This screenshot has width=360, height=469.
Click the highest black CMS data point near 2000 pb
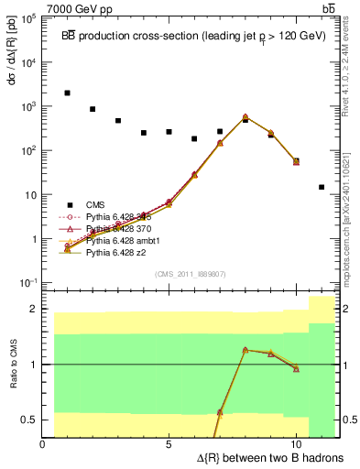[x=68, y=93]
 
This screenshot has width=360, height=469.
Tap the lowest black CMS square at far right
[x=322, y=187]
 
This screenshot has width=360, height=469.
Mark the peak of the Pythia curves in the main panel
[x=245, y=117]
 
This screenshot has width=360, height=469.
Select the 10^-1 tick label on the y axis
[x=28, y=283]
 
